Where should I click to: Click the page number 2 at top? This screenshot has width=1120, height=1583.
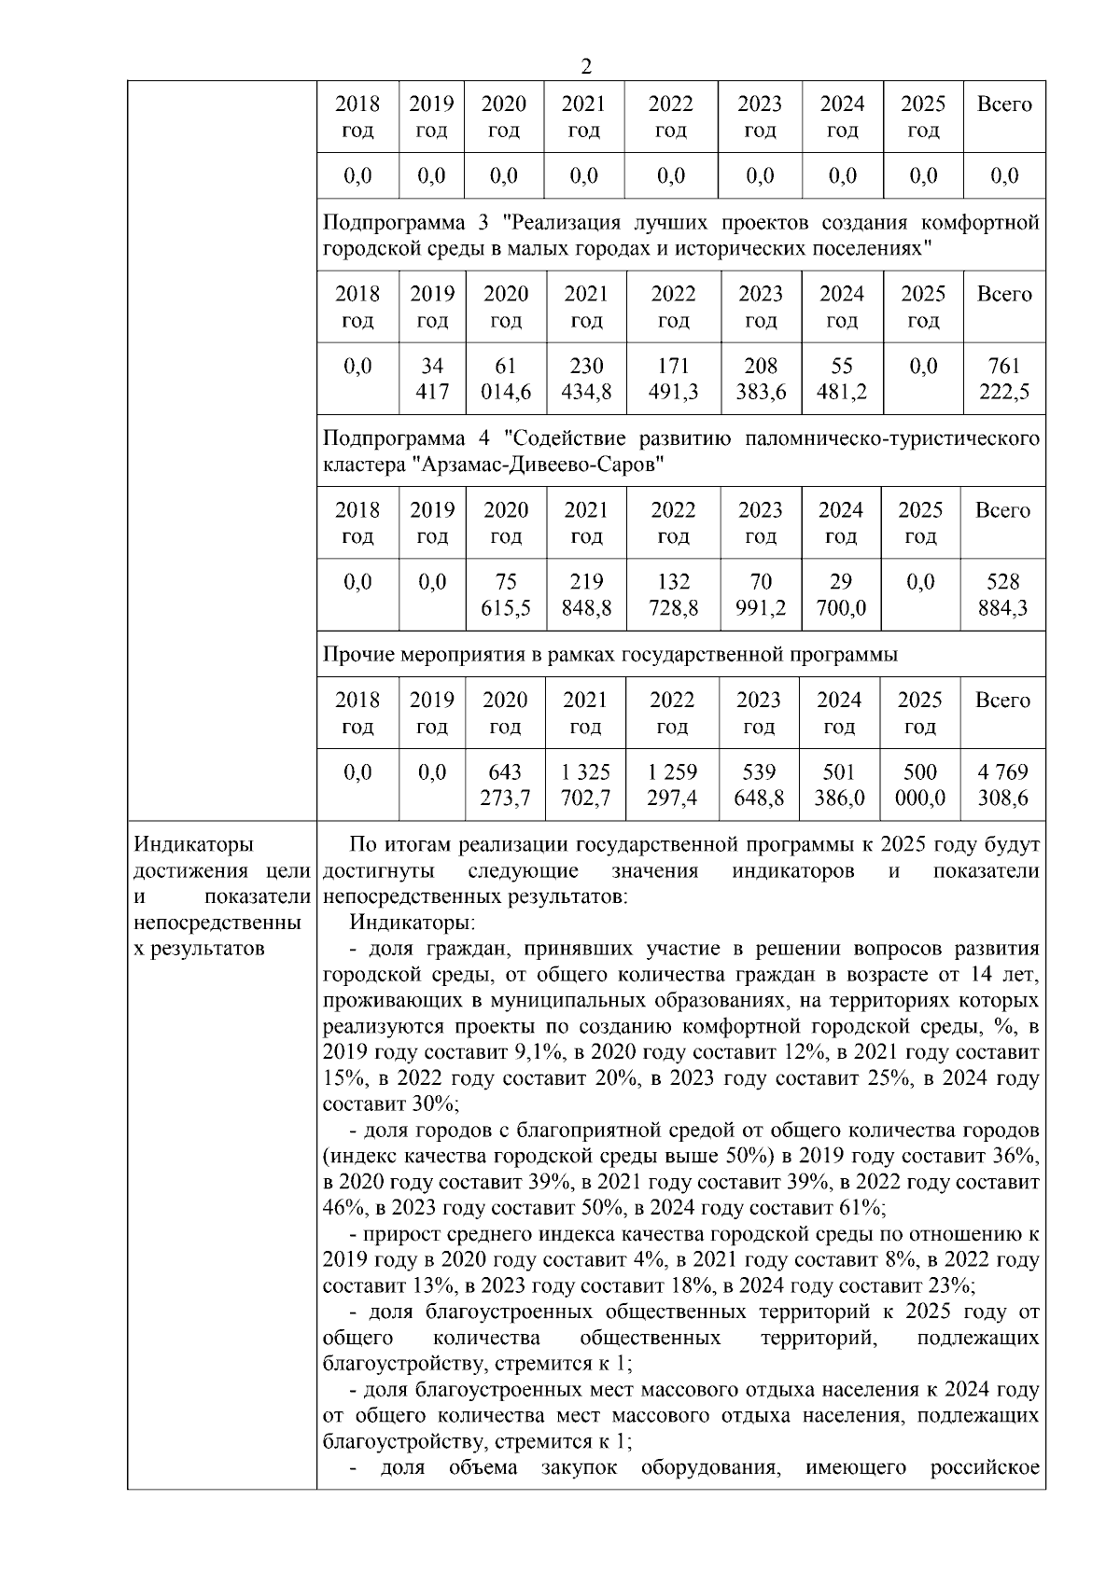tap(585, 66)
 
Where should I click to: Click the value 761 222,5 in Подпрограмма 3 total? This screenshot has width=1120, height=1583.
tap(1003, 379)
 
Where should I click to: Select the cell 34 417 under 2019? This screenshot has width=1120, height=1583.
tap(431, 379)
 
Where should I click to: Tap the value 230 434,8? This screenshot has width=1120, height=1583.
tap(585, 379)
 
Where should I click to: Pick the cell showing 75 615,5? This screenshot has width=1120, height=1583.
tap(505, 595)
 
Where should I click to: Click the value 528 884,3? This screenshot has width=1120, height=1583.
tap(1002, 595)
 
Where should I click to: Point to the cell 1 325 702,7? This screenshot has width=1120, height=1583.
tap(584, 785)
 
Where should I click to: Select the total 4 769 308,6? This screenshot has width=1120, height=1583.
tap(1002, 785)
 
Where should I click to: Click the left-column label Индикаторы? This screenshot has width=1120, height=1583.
tap(194, 845)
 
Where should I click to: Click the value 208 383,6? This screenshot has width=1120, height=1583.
tap(760, 379)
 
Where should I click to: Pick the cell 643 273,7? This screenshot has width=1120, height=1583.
tap(505, 785)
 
